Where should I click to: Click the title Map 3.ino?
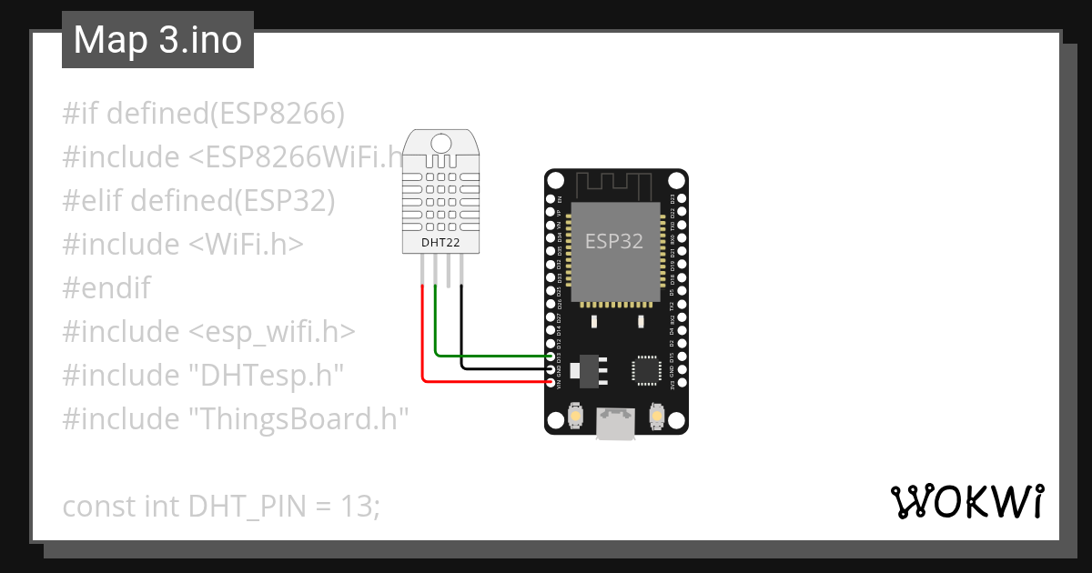click(x=157, y=41)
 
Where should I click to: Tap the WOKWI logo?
click(x=966, y=501)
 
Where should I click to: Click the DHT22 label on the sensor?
click(x=440, y=243)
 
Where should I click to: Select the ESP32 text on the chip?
click(x=614, y=241)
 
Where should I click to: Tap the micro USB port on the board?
click(x=615, y=425)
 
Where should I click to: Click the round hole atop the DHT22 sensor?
click(x=440, y=143)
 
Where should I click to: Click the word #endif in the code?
click(x=106, y=288)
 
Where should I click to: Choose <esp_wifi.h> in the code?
click(x=272, y=332)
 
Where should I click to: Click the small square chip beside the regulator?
click(x=647, y=368)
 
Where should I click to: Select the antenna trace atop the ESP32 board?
click(x=615, y=185)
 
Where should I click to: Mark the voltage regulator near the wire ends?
click(x=589, y=367)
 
